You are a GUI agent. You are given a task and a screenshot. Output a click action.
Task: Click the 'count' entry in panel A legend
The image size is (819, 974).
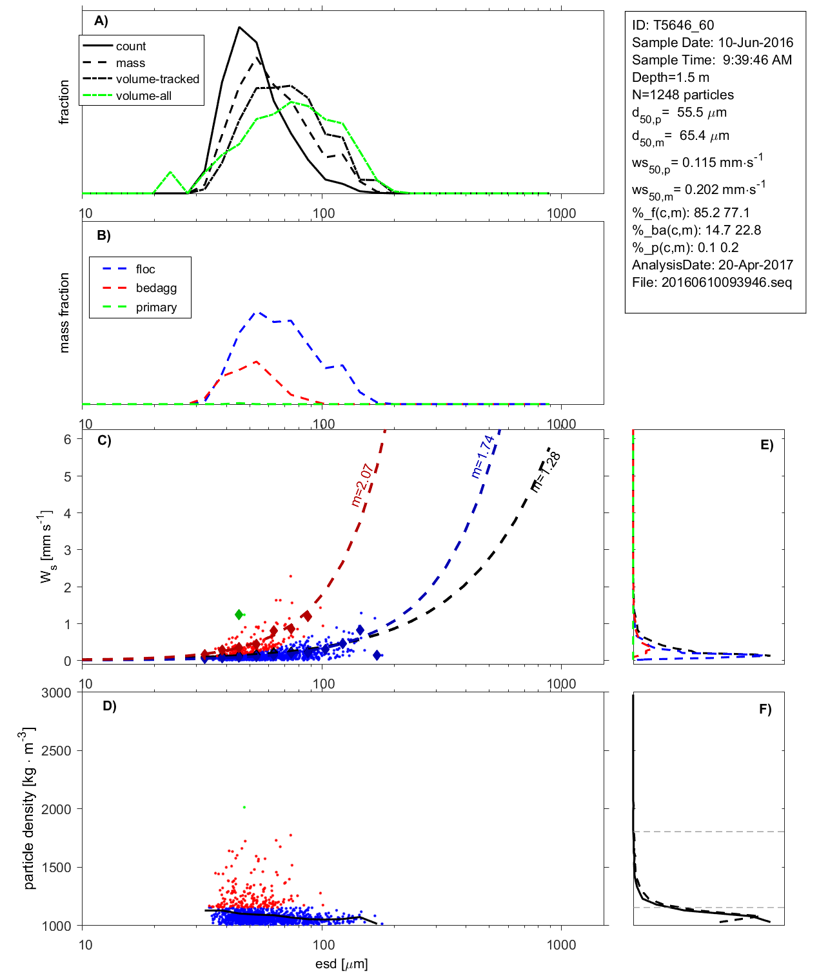[131, 46]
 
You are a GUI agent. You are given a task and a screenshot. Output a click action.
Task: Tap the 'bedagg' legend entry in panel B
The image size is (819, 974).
[156, 288]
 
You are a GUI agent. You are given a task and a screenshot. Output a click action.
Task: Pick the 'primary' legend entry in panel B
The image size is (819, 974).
[156, 307]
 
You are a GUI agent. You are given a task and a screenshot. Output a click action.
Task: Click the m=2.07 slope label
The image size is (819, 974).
[362, 485]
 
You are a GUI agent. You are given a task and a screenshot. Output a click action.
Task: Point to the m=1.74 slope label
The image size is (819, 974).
[483, 456]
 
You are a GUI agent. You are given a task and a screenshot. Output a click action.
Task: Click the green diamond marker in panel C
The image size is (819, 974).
[239, 614]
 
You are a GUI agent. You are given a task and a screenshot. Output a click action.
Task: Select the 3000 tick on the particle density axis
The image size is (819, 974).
[56, 693]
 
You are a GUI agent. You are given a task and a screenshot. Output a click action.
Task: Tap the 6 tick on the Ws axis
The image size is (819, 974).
[68, 439]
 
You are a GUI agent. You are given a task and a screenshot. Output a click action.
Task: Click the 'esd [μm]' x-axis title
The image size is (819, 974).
[341, 964]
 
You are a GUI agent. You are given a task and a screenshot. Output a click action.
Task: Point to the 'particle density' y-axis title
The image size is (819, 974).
[28, 808]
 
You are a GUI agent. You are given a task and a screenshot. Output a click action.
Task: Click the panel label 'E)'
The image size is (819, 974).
[766, 445]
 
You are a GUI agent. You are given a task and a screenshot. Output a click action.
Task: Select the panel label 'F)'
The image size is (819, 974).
[765, 709]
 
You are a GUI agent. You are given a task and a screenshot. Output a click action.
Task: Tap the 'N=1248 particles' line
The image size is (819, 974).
[683, 95]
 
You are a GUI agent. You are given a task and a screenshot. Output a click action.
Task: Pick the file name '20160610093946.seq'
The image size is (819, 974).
[726, 282]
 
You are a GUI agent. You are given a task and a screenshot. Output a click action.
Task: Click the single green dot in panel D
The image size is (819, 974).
[244, 807]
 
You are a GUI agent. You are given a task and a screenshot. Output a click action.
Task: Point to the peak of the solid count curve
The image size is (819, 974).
[239, 27]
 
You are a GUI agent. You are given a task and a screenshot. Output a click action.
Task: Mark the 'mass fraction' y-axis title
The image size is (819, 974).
[64, 313]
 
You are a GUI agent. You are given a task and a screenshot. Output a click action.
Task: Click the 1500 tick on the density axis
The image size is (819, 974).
[56, 868]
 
